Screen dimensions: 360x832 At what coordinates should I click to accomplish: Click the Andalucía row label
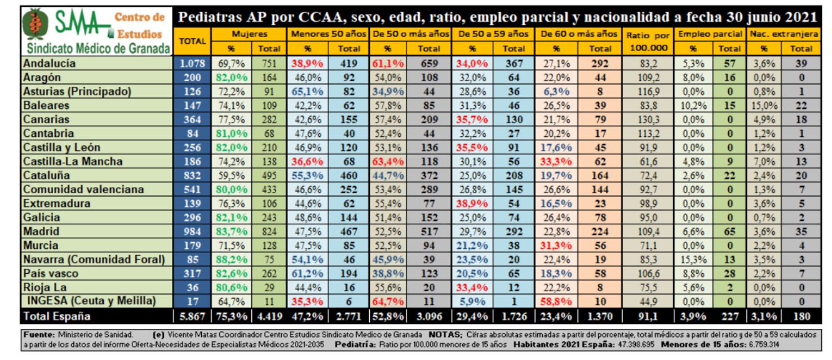[x=49, y=63]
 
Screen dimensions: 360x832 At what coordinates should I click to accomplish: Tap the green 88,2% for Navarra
[x=231, y=260]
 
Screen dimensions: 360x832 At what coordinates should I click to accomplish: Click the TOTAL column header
[x=192, y=41]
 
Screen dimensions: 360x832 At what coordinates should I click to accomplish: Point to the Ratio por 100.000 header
[x=648, y=41]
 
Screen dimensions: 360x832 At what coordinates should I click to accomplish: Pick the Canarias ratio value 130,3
[x=648, y=119]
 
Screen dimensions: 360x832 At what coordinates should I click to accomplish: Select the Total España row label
[x=56, y=316]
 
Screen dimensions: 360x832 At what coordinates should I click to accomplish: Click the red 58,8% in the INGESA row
[x=556, y=301]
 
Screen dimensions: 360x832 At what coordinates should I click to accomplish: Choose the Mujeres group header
[x=249, y=34]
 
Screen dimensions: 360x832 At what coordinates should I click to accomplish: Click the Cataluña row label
[x=47, y=175]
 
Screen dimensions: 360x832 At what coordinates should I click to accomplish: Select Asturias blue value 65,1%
[x=307, y=91]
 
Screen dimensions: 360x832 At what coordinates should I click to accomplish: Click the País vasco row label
[x=51, y=273]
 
